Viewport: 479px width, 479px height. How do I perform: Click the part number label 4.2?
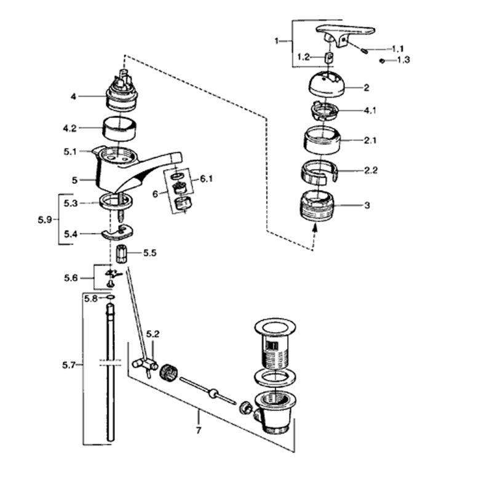tap(69, 129)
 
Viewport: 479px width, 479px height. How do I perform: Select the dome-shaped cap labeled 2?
tap(327, 84)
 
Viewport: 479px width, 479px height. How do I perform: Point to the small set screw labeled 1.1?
tap(364, 50)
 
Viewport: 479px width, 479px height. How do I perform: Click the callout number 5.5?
tap(149, 253)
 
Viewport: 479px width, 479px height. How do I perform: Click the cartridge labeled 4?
tap(121, 91)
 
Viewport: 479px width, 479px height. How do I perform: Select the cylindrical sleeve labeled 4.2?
tap(119, 129)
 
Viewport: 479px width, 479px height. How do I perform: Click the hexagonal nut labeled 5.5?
tap(122, 253)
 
